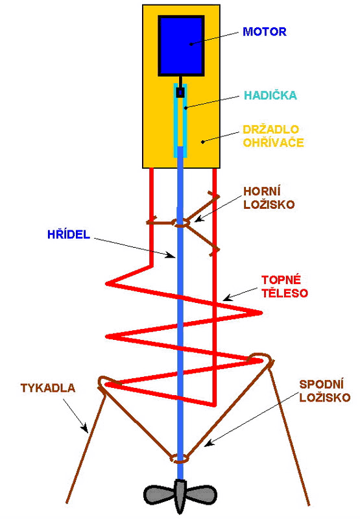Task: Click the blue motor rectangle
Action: pyautogui.click(x=181, y=45)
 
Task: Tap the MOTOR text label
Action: pyautogui.click(x=265, y=32)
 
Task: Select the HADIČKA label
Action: pyautogui.click(x=270, y=95)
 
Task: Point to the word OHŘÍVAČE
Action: pyautogui.click(x=273, y=142)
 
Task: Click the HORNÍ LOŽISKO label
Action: pyautogui.click(x=269, y=198)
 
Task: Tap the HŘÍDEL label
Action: pyautogui.click(x=69, y=234)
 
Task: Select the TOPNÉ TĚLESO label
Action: pyautogui.click(x=285, y=286)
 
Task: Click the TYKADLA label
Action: pyautogui.click(x=48, y=388)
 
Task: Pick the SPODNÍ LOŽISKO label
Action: pyautogui.click(x=324, y=391)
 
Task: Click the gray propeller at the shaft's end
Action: pyautogui.click(x=180, y=496)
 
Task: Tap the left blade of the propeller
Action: pyautogui.click(x=158, y=495)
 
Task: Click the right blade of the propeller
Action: pyautogui.click(x=202, y=495)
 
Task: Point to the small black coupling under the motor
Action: pyautogui.click(x=180, y=92)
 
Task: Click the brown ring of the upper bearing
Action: pyautogui.click(x=181, y=223)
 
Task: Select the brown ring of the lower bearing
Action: pyautogui.click(x=180, y=459)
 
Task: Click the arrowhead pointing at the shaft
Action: pyautogui.click(x=171, y=254)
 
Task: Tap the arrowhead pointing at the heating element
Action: pyautogui.click(x=228, y=297)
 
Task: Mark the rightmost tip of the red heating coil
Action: pyautogui.click(x=261, y=313)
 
